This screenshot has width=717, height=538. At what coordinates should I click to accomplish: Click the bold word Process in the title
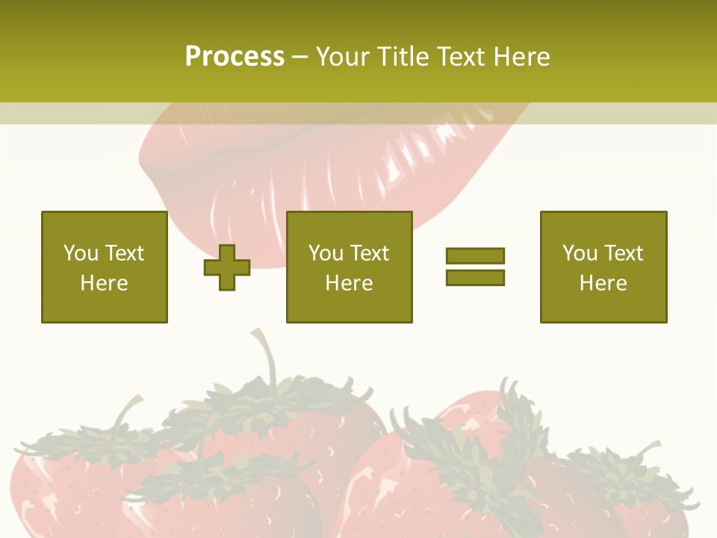pyautogui.click(x=235, y=57)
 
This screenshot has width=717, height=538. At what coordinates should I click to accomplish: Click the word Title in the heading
pyautogui.click(x=403, y=57)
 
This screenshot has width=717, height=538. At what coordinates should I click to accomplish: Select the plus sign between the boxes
pyautogui.click(x=227, y=267)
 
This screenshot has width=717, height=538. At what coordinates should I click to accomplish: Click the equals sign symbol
pyautogui.click(x=475, y=267)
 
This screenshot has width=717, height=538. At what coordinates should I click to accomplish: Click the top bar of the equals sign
pyautogui.click(x=475, y=256)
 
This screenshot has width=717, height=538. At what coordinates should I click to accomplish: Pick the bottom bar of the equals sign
pyautogui.click(x=475, y=277)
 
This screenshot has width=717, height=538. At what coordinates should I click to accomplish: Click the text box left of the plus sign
pyautogui.click(x=105, y=267)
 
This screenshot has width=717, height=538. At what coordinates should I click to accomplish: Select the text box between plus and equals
pyautogui.click(x=350, y=267)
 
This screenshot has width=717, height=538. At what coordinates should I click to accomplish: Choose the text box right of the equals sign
pyautogui.click(x=603, y=267)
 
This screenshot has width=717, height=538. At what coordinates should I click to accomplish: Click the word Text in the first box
pyautogui.click(x=125, y=253)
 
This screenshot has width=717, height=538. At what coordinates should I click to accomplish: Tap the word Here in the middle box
pyautogui.click(x=350, y=283)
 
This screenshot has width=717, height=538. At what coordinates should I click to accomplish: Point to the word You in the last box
pyautogui.click(x=580, y=253)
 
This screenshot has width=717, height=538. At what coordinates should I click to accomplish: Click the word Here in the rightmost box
pyautogui.click(x=603, y=283)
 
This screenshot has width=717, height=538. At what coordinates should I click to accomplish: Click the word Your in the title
pyautogui.click(x=341, y=57)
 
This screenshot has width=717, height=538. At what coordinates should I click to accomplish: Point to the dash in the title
pyautogui.click(x=300, y=58)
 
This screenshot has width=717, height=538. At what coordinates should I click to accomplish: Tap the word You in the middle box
pyautogui.click(x=326, y=253)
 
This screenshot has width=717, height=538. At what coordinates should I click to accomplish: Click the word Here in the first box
pyautogui.click(x=105, y=283)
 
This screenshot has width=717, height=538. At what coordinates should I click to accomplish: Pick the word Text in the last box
pyautogui.click(x=624, y=253)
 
